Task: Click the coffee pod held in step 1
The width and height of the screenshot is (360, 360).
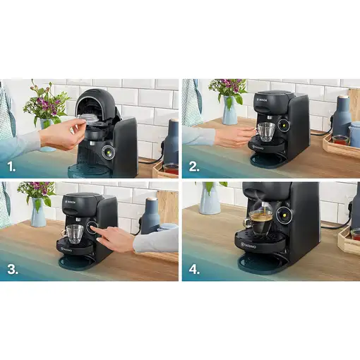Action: tap(87, 121)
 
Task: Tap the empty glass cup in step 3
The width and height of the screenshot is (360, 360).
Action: tap(75, 233)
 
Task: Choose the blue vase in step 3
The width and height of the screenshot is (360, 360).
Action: tap(38, 212)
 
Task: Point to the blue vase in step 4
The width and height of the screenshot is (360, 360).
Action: tap(210, 199)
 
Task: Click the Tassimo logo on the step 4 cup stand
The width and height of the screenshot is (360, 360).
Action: tap(253, 247)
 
